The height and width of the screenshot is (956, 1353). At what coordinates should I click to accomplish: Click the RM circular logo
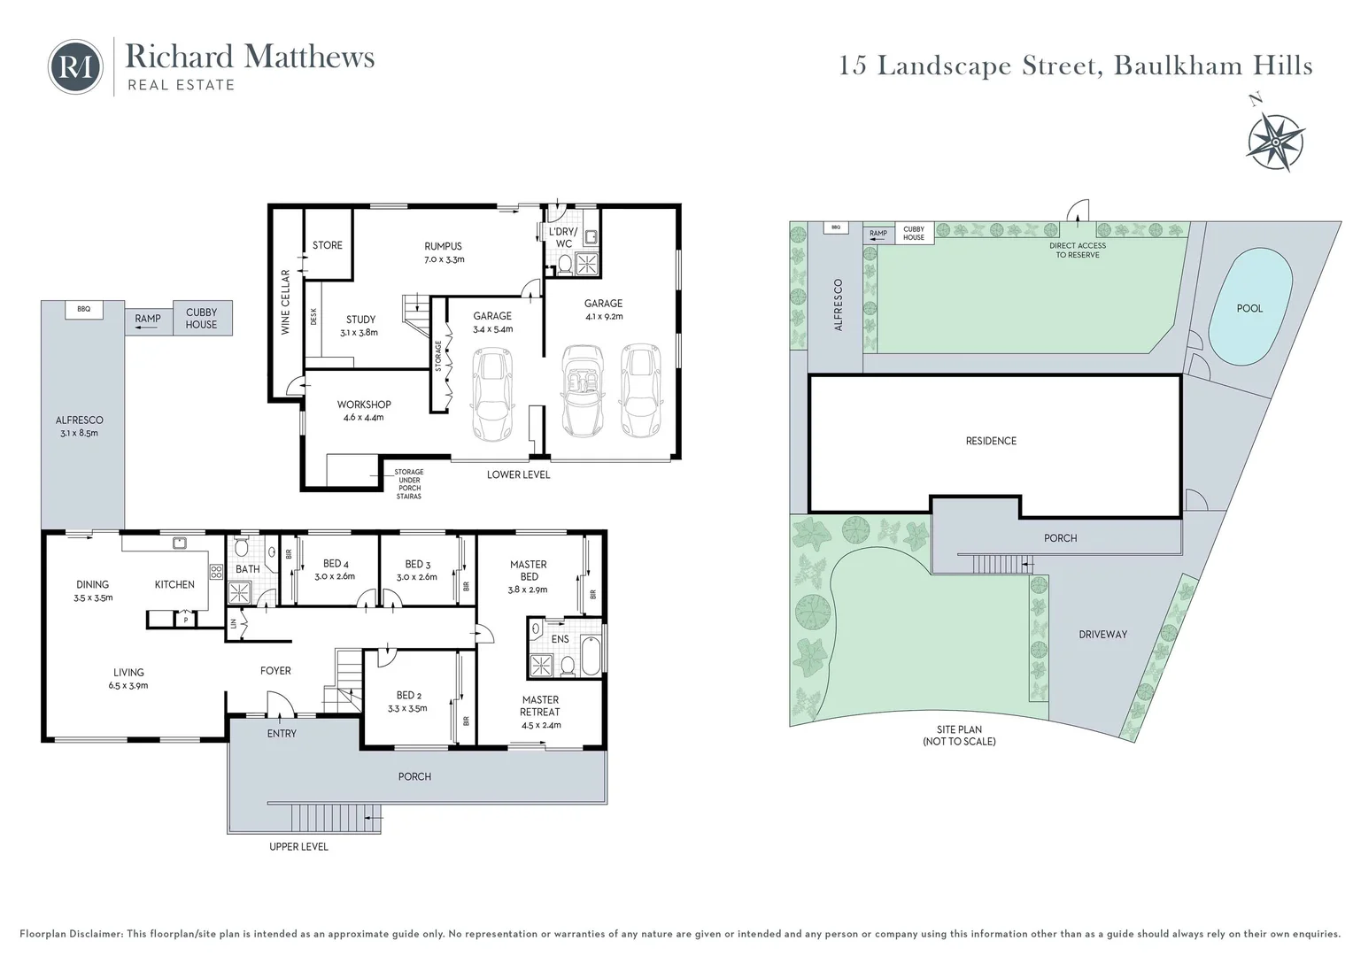pyautogui.click(x=75, y=66)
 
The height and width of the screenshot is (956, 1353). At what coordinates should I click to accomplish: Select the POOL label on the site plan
pyautogui.click(x=1249, y=308)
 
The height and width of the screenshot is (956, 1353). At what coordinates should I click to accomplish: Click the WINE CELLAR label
pyautogui.click(x=285, y=302)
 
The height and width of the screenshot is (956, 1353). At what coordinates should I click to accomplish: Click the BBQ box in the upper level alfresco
pyautogui.click(x=84, y=310)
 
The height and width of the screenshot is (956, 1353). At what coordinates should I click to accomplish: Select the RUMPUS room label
pyautogui.click(x=443, y=252)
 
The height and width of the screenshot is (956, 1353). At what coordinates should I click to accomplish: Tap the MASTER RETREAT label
pyautogui.click(x=539, y=712)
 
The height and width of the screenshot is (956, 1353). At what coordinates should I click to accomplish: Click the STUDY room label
pyautogui.click(x=360, y=326)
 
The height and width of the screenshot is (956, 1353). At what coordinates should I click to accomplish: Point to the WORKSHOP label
pyautogui.click(x=363, y=411)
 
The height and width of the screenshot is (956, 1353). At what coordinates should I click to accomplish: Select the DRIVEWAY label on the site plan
pyautogui.click(x=1102, y=635)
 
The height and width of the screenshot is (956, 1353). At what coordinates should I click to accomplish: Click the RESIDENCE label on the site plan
pyautogui.click(x=991, y=441)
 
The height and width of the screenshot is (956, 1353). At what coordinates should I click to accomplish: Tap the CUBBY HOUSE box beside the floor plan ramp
pyautogui.click(x=201, y=319)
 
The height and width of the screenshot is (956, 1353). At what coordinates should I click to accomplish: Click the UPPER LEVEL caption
pyautogui.click(x=298, y=847)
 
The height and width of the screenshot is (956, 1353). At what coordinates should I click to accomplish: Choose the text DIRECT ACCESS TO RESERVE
pyautogui.click(x=1078, y=251)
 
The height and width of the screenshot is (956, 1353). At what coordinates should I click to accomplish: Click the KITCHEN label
pyautogui.click(x=174, y=584)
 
